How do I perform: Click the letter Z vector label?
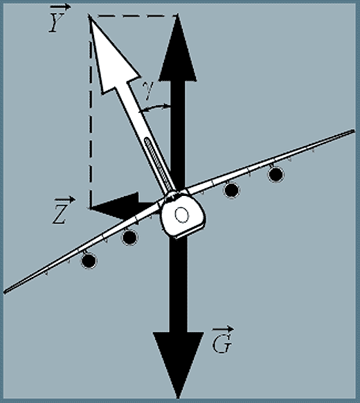pyautogui.click(x=60, y=214)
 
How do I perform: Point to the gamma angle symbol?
pyautogui.click(x=149, y=90)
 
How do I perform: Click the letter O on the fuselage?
pyautogui.click(x=182, y=215)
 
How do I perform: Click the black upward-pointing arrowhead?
pyautogui.click(x=178, y=49)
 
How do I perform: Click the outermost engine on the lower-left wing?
pyautogui.click(x=89, y=260)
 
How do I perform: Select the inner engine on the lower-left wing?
pyautogui.click(x=129, y=238)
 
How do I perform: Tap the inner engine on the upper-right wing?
pyautogui.click(x=231, y=190)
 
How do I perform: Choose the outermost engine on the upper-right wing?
pyautogui.click(x=276, y=174)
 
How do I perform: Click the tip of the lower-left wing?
pyautogui.click(x=4, y=292)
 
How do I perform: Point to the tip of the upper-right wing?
pyautogui.click(x=354, y=131)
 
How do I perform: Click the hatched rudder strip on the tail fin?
pyautogui.click(x=159, y=163)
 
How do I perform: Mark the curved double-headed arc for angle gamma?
pyautogui.click(x=154, y=107)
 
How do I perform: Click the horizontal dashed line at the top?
pyautogui.click(x=134, y=16)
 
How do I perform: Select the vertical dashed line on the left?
pyautogui.click(x=91, y=113)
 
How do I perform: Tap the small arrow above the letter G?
pyautogui.click(x=223, y=329)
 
